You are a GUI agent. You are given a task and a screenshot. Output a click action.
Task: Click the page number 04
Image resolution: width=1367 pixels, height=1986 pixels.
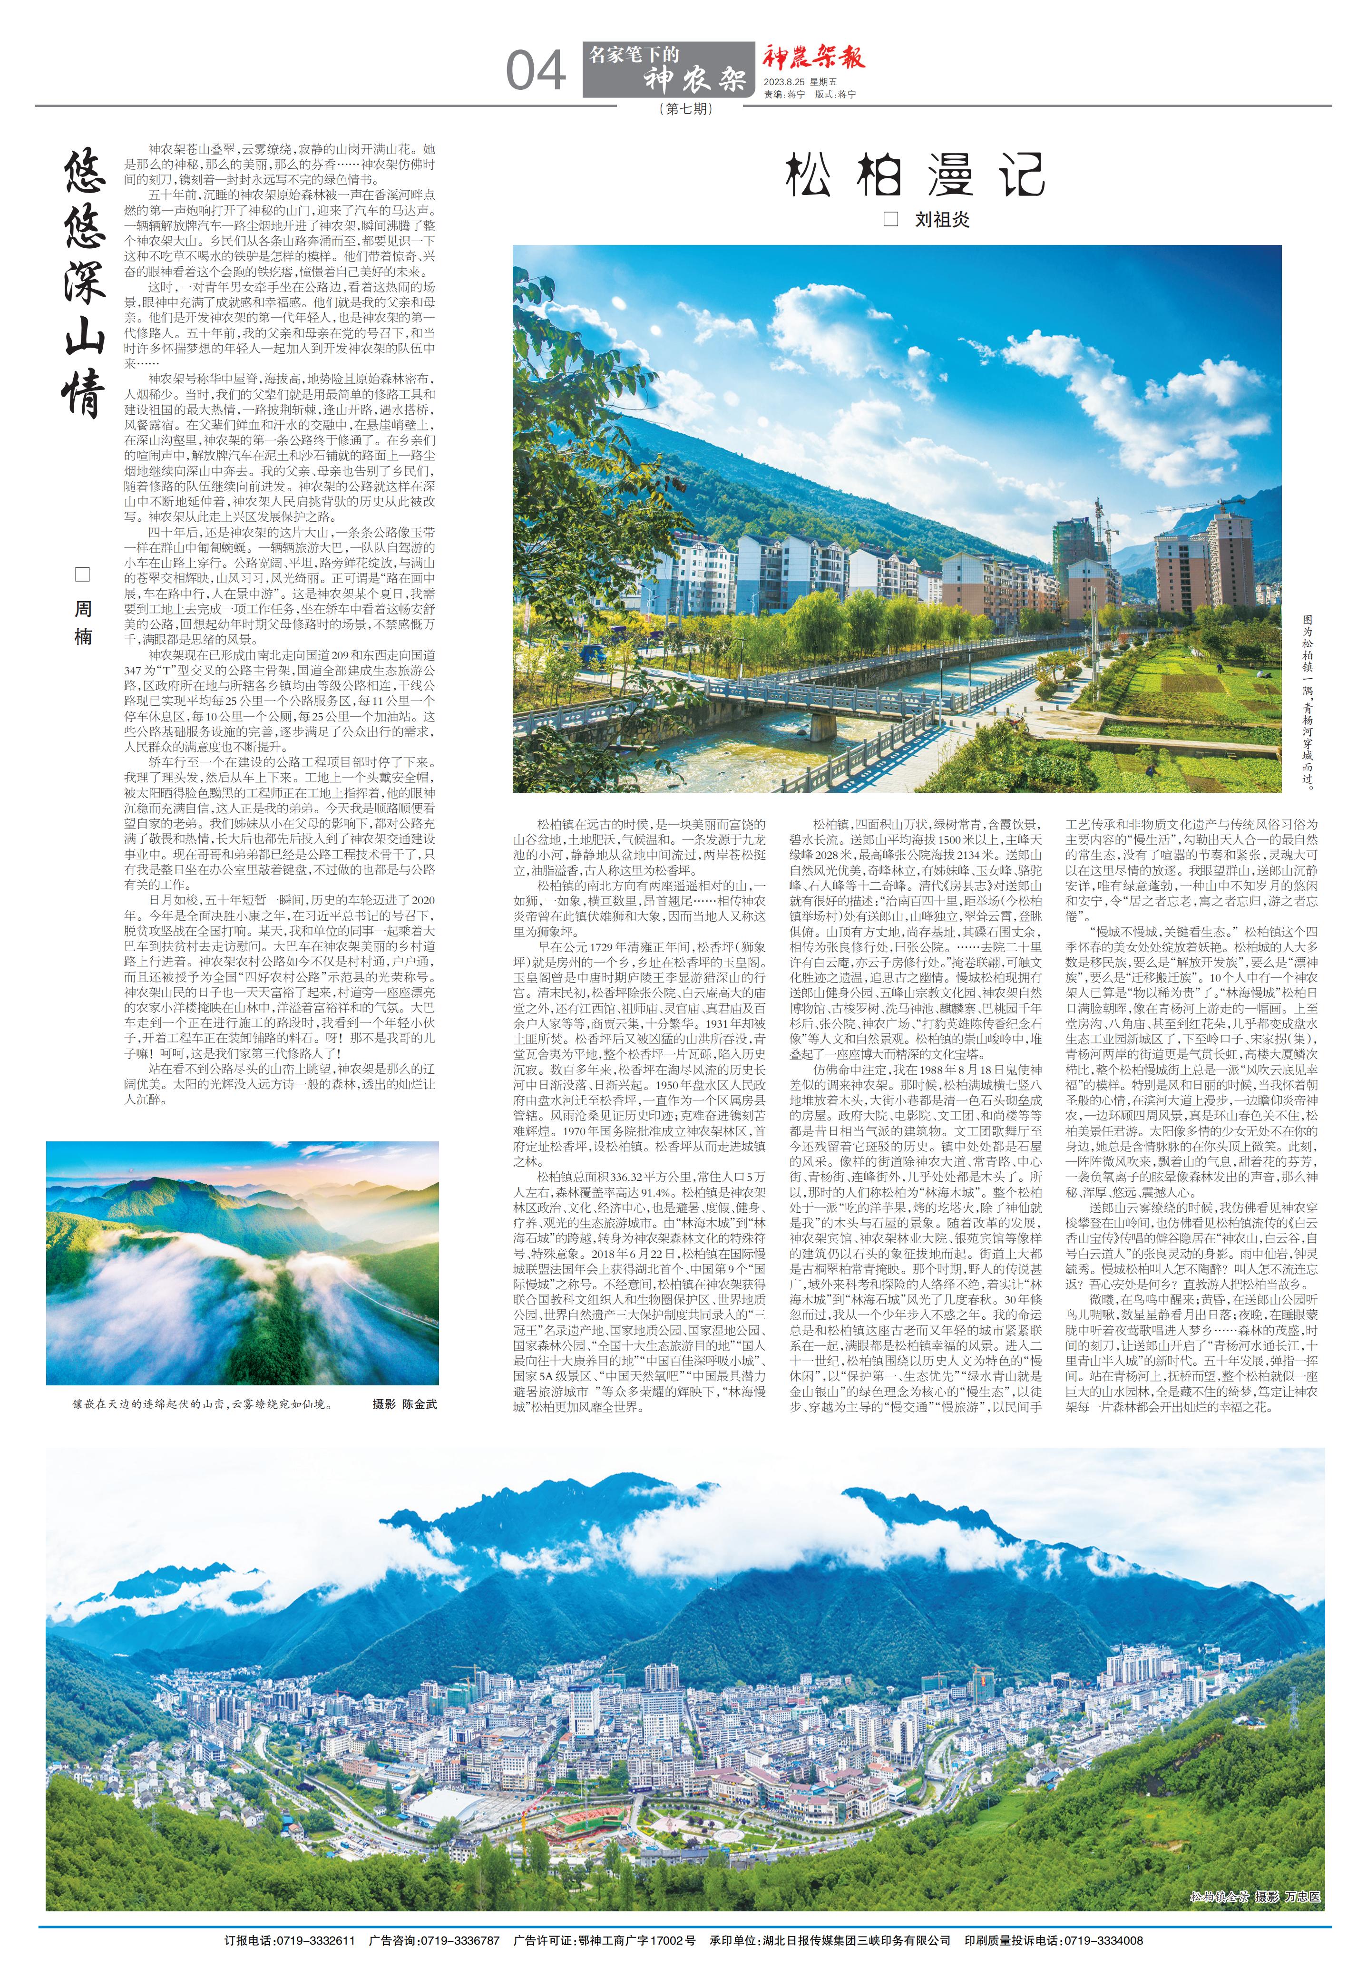click(535, 71)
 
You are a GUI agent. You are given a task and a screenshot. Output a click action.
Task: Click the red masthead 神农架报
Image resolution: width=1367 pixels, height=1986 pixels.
click(814, 58)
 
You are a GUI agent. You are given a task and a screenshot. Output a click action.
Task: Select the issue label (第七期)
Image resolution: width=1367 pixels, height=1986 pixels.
click(686, 109)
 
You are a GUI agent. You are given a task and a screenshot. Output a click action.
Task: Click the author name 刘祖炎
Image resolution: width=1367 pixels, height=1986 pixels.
click(942, 219)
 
